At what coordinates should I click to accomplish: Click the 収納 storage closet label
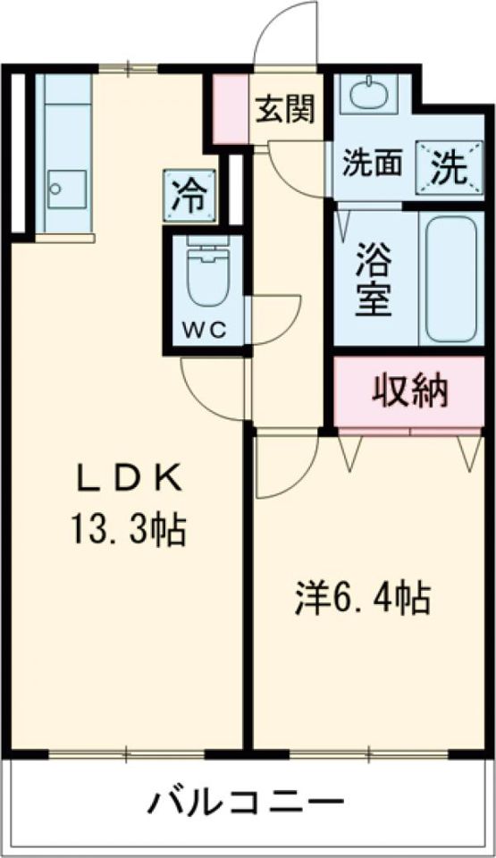click(409, 392)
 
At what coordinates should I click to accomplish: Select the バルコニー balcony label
click(246, 801)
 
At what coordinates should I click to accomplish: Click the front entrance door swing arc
click(286, 36)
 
